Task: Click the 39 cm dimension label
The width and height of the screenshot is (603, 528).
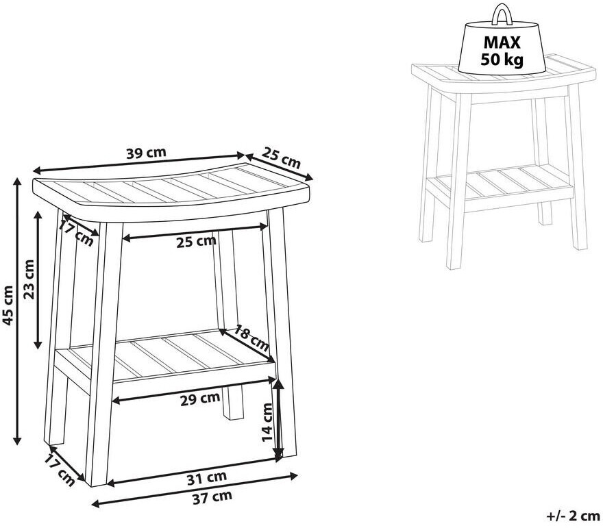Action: pyautogui.click(x=146, y=153)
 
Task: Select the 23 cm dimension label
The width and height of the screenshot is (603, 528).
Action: pyautogui.click(x=29, y=279)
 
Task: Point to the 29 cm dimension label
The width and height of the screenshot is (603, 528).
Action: pyautogui.click(x=200, y=399)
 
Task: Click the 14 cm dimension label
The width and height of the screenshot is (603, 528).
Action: pyautogui.click(x=267, y=422)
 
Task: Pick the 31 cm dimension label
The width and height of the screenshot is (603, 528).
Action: pyautogui.click(x=206, y=478)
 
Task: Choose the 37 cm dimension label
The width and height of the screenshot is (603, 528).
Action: pyautogui.click(x=212, y=497)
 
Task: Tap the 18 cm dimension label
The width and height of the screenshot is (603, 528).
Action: pyautogui.click(x=251, y=338)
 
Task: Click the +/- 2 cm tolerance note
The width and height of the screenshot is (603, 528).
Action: pyautogui.click(x=573, y=516)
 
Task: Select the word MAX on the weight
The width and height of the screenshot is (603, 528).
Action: pyautogui.click(x=502, y=42)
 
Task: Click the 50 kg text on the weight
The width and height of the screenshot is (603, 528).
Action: pyautogui.click(x=502, y=59)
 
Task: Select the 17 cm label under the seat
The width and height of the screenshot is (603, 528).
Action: pyautogui.click(x=75, y=233)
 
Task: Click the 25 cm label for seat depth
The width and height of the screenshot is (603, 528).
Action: pyautogui.click(x=281, y=158)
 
